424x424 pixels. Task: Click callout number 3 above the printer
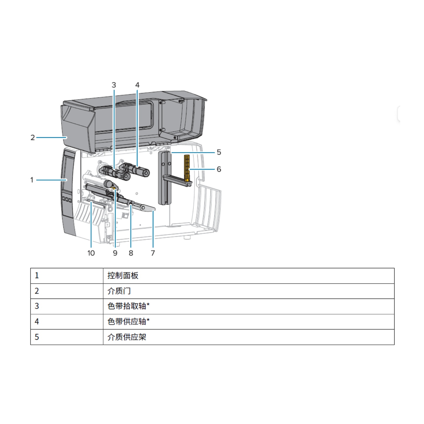(114, 85)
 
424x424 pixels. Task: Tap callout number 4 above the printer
(137, 85)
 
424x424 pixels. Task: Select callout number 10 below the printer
(91, 253)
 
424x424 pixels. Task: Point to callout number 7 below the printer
(153, 253)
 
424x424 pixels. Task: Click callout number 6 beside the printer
(219, 169)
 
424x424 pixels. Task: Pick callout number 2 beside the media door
(33, 138)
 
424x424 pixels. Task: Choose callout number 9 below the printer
(115, 253)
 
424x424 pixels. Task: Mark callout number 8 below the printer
(131, 253)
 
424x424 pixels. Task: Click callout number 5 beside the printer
(219, 152)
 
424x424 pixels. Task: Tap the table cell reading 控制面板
(249, 276)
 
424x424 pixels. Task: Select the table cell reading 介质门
(249, 291)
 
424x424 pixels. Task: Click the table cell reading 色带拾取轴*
(249, 306)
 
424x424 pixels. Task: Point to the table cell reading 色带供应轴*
(249, 322)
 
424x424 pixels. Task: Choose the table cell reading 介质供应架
(249, 337)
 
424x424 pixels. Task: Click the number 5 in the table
(37, 337)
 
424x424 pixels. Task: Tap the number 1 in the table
(37, 276)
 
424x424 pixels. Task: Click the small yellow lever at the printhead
(114, 188)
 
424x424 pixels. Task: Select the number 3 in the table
(37, 306)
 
